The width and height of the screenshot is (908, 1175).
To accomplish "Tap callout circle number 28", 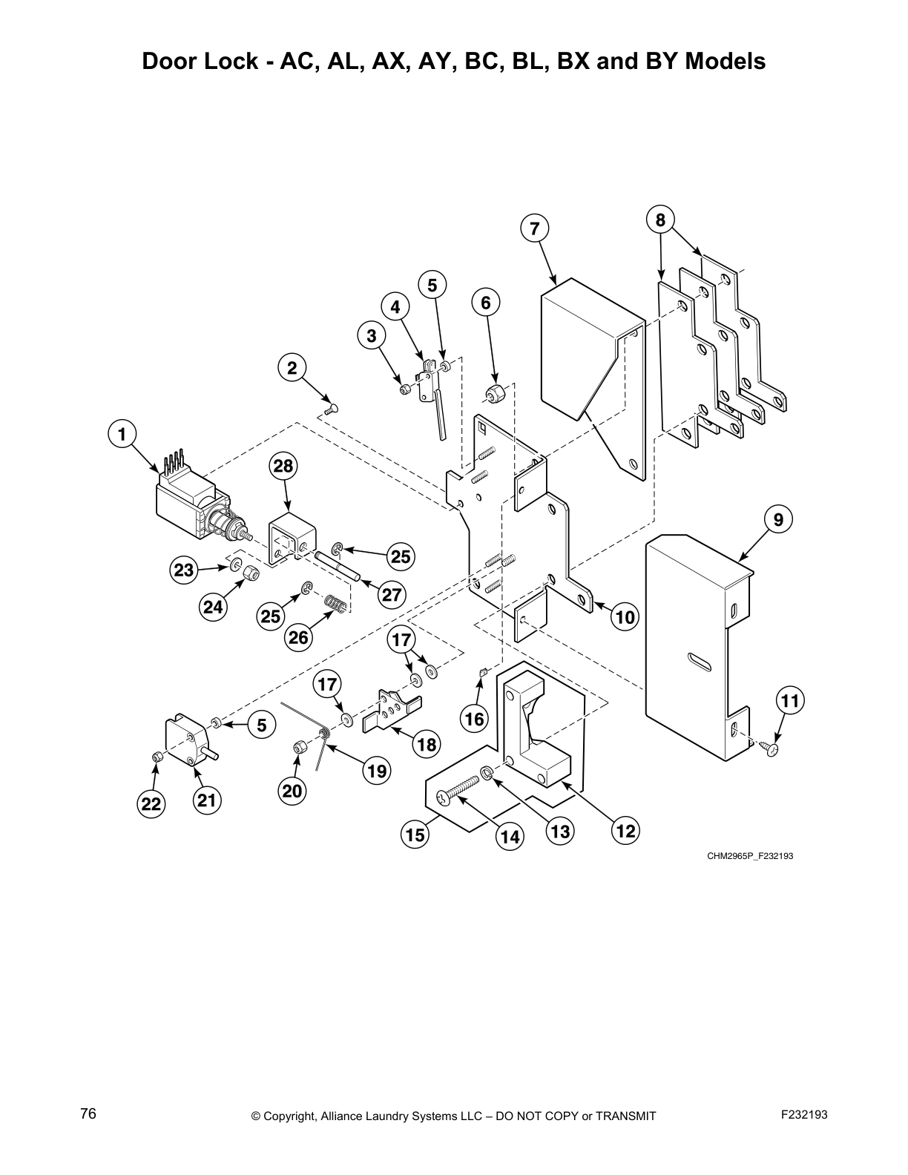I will click(x=283, y=466).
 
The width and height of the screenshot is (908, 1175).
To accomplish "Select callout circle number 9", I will click(x=777, y=519).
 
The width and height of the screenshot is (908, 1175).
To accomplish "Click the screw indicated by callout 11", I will click(x=772, y=750).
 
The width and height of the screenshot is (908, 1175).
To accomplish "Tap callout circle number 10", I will click(x=625, y=616).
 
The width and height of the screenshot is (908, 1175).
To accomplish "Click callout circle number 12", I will click(x=625, y=831).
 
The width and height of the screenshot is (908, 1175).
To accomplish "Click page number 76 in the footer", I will click(x=88, y=1114).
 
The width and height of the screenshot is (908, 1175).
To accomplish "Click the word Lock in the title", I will click(x=236, y=61).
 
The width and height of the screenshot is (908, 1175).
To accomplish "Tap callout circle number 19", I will click(x=376, y=771).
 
